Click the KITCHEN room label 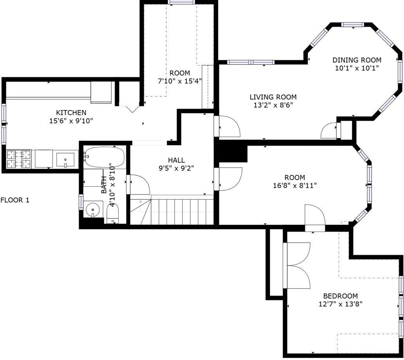point(71,113)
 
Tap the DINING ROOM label point(357,60)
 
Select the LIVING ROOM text point(273,97)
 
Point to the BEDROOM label point(341,296)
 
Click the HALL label point(177,160)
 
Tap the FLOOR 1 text point(15,200)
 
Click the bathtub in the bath point(105,157)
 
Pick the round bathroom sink point(93,209)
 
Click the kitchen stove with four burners point(18,159)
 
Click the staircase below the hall point(172,210)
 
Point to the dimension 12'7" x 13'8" point(341,304)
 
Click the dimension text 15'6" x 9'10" point(71,121)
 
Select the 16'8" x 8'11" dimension point(295,185)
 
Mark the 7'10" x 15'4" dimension point(180,81)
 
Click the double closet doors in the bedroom point(297,265)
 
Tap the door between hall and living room point(227,126)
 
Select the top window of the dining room point(353,25)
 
